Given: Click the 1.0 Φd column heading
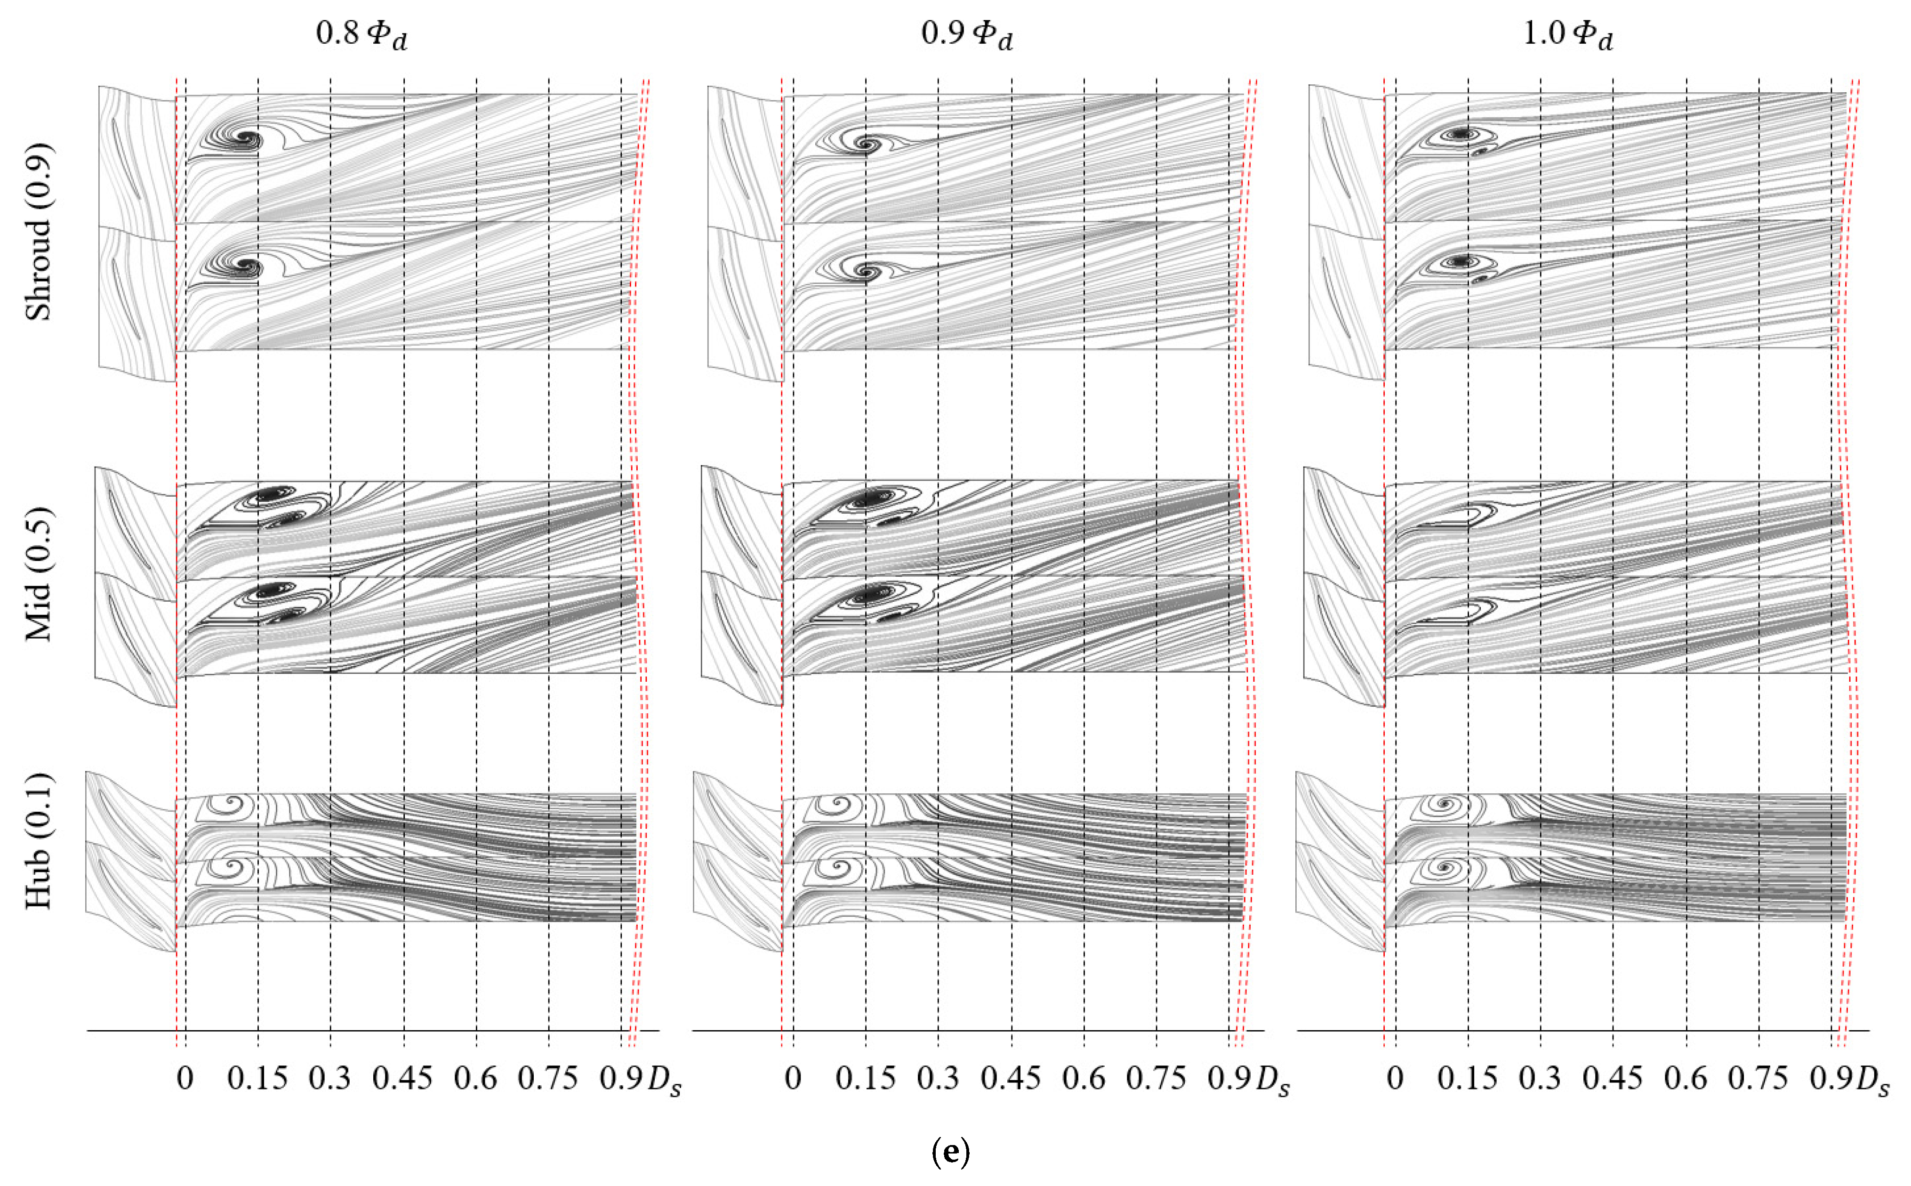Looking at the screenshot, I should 1567,34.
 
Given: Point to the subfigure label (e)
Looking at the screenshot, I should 950,1152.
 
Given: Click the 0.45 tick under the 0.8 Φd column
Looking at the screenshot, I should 402,1079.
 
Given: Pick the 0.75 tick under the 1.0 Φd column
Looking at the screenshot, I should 1757,1079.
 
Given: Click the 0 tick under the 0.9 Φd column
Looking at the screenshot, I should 793,1079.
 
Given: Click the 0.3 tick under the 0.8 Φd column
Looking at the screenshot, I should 329,1079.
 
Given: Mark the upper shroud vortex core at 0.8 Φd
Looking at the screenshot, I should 249,139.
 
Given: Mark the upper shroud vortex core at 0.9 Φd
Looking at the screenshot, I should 866,144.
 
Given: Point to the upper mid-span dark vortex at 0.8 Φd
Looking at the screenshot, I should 269,495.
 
